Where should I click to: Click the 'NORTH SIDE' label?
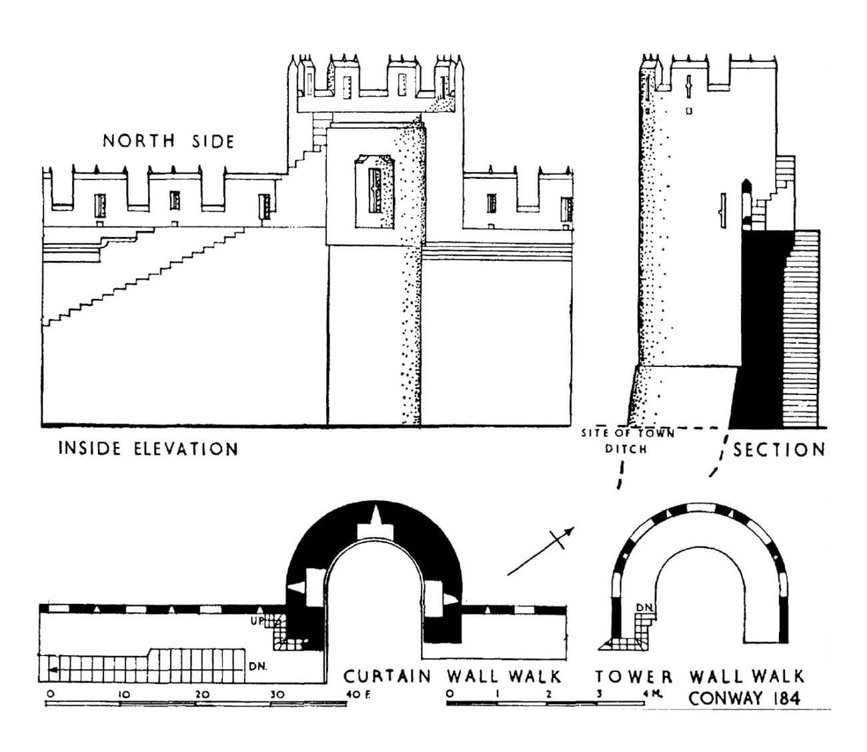(x=168, y=141)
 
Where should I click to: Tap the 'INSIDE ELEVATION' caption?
(x=148, y=448)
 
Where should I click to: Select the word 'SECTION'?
(x=779, y=450)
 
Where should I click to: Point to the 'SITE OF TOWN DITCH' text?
(x=627, y=441)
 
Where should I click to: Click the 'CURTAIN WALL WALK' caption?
(x=452, y=677)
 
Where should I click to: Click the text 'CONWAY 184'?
(x=744, y=699)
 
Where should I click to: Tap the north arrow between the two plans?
(x=541, y=550)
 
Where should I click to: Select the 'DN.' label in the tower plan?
(x=644, y=608)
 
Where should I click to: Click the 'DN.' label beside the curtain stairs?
(x=257, y=665)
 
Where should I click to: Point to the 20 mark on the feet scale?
(x=201, y=695)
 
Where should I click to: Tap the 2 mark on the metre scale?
(x=548, y=695)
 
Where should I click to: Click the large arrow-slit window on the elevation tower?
(x=375, y=190)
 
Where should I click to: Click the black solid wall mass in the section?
(x=760, y=320)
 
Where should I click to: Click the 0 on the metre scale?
(x=450, y=695)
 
